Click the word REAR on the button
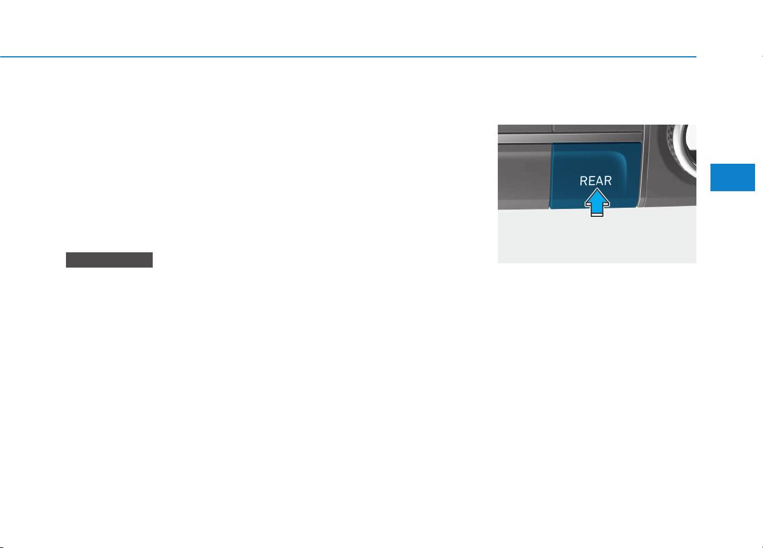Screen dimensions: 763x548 [x=596, y=181]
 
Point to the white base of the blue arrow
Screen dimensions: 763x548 [x=597, y=214]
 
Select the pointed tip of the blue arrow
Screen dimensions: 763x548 [x=597, y=188]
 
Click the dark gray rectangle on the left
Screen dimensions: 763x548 [x=109, y=260]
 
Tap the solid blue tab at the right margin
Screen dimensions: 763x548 [x=732, y=177]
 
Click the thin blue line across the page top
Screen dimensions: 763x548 [x=348, y=57]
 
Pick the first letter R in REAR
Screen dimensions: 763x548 [x=583, y=181]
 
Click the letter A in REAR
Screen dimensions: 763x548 [x=599, y=181]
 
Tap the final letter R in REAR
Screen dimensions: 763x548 [x=608, y=181]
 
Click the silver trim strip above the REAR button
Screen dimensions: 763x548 [x=571, y=137]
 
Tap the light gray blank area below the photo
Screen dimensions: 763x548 [x=597, y=238]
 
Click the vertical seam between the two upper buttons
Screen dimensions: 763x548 [x=552, y=128]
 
